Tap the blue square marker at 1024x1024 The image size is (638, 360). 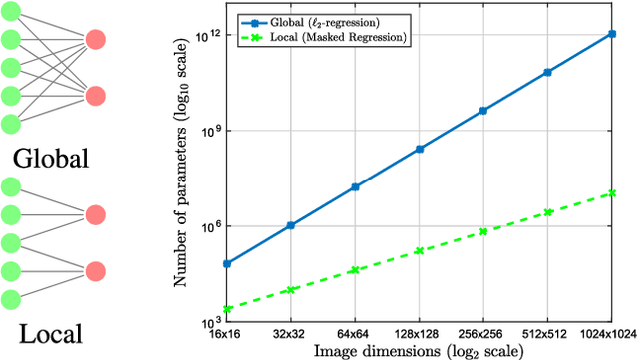611,34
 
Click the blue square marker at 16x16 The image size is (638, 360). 226,263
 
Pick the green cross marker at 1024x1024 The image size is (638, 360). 611,193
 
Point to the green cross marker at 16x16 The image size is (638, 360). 226,309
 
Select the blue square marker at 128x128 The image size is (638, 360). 419,149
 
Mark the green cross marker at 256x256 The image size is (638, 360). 483,231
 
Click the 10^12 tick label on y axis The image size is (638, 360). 206,36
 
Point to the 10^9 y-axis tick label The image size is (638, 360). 208,132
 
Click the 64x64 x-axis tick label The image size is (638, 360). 355,333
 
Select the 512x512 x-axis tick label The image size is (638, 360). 545,333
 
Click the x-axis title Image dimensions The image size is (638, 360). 418,350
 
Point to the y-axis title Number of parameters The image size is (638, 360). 181,179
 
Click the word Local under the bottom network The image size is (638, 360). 45,333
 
